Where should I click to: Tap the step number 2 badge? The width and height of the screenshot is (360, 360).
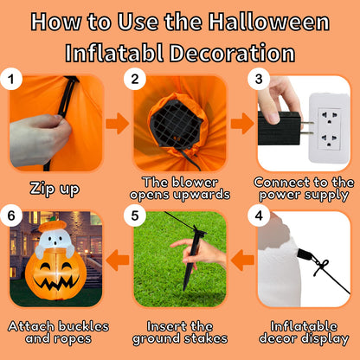pos(134,80)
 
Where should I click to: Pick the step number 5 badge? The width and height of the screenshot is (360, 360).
pos(134,215)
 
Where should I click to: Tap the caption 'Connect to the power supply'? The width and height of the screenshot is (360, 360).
pos(305,190)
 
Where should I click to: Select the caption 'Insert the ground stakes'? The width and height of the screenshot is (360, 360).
pos(179,331)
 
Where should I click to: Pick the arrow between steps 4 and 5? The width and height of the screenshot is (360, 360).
pos(242,257)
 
